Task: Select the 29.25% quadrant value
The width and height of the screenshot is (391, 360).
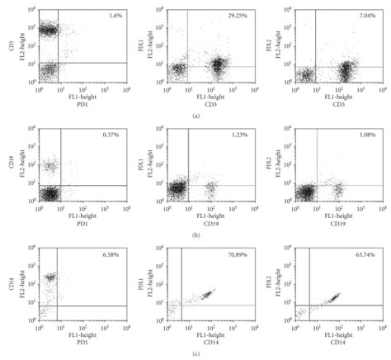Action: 239,16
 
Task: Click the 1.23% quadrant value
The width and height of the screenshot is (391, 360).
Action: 239,135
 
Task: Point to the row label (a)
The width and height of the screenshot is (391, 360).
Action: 195,116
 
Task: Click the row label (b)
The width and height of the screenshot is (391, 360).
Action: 195,235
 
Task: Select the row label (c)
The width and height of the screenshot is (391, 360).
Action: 195,354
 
